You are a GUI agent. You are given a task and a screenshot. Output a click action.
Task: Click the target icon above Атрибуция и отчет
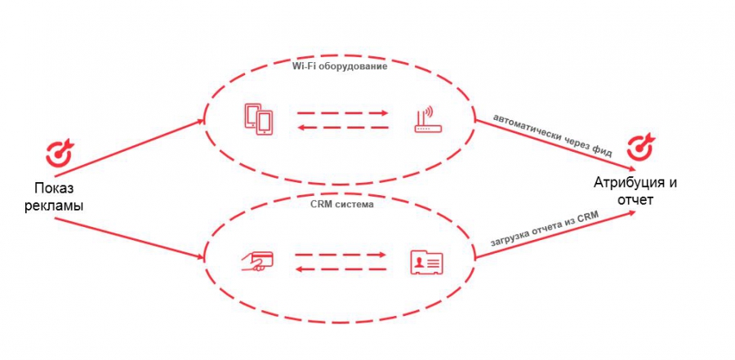click(x=638, y=148)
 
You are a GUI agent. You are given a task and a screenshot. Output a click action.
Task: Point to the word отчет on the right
click(x=635, y=199)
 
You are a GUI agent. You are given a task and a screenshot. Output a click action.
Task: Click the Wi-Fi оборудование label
click(x=340, y=67)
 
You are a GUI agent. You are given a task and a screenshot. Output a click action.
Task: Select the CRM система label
click(x=341, y=205)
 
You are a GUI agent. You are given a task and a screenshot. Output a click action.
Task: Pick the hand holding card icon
click(x=257, y=261)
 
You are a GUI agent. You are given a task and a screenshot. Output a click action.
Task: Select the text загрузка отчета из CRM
click(x=545, y=230)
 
